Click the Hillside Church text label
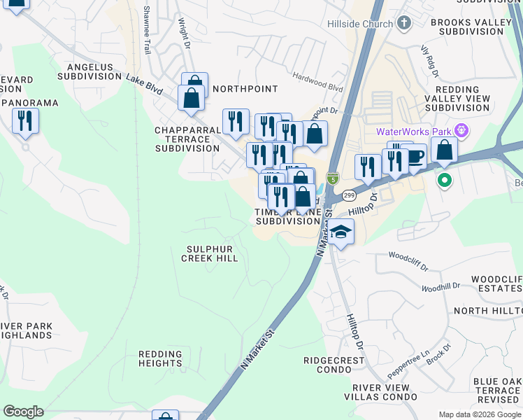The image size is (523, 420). [x=359, y=24]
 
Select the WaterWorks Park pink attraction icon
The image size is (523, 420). [x=460, y=131]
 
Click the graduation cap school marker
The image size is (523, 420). [x=341, y=232]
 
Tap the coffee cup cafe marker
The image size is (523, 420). [x=415, y=156]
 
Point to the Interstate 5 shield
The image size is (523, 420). [x=334, y=180]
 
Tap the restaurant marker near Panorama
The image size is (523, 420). [x=25, y=121]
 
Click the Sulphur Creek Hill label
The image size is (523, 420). [x=210, y=253]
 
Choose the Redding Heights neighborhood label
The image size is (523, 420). [x=160, y=358]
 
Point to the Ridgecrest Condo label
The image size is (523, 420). [x=334, y=365]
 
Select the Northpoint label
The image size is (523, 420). [x=245, y=89]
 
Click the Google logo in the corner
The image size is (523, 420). [x=23, y=412]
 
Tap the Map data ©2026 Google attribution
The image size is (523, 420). [x=480, y=414]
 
